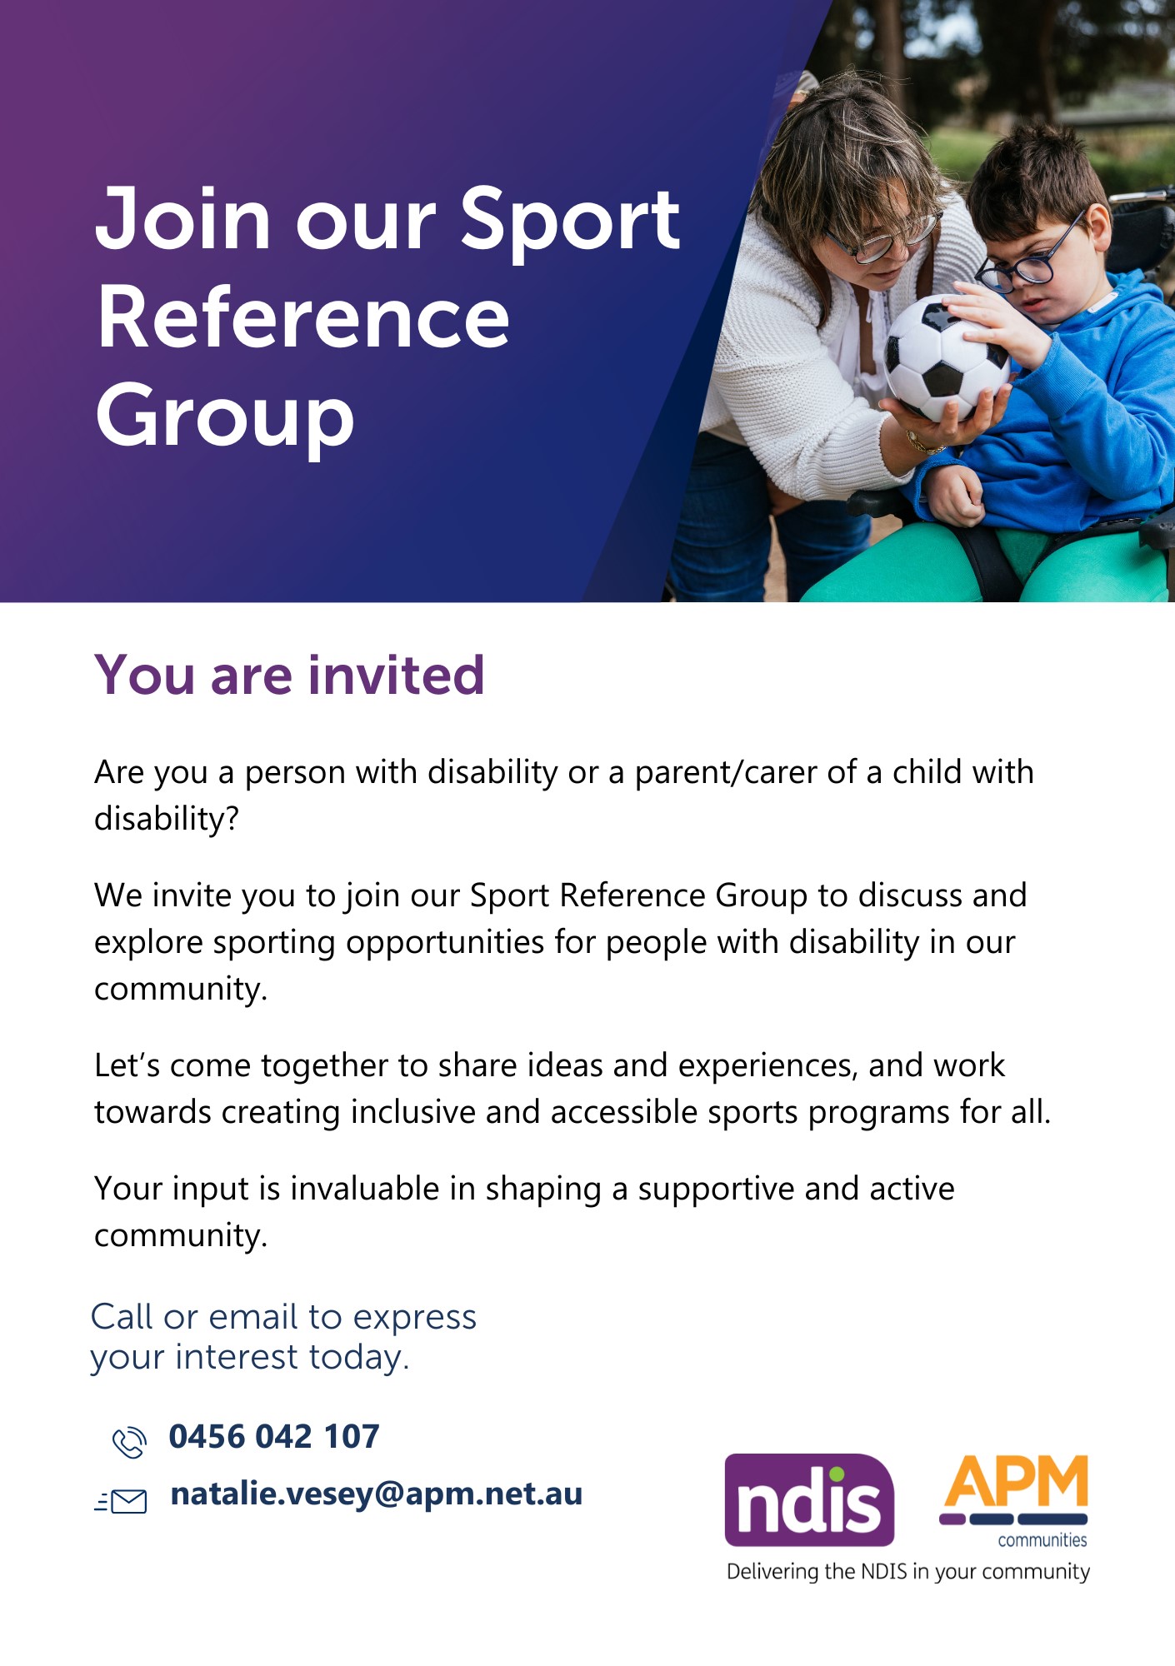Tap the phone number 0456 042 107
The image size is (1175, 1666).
point(274,1436)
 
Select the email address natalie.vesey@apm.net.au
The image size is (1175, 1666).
point(376,1494)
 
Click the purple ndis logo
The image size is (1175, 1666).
point(809,1499)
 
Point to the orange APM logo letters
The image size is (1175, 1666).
point(1015,1480)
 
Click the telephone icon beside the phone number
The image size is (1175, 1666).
point(129,1442)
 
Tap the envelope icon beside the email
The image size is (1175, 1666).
point(121,1501)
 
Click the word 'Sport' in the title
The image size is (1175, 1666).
point(570,218)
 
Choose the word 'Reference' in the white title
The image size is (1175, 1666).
point(302,317)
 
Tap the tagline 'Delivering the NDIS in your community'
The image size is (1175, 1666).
point(908,1572)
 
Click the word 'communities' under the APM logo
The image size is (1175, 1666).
point(1042,1539)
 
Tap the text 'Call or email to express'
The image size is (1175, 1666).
point(283,1317)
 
